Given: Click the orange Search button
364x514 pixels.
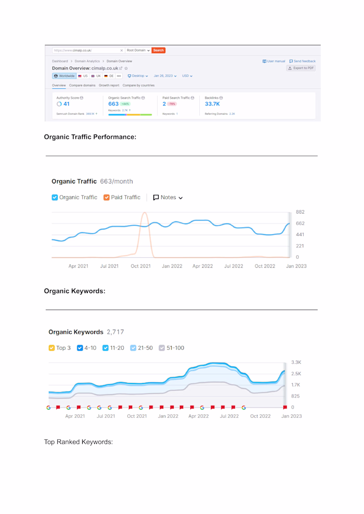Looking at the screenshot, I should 159,50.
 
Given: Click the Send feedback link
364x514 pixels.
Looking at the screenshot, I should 302,61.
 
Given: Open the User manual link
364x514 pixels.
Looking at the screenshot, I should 274,61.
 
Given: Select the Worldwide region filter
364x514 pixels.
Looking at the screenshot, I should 64,76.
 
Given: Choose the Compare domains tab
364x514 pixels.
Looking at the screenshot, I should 82,85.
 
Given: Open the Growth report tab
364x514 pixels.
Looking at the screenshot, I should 109,85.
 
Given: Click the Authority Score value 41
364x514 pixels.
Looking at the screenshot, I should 66,104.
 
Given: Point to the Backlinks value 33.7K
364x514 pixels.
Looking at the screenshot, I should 212,104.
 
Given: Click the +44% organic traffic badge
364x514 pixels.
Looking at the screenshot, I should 125,104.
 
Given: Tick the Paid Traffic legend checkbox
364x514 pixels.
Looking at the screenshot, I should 107,197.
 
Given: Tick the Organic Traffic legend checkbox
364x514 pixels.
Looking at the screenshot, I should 55,197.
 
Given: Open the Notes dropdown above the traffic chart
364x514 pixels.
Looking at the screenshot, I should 168,197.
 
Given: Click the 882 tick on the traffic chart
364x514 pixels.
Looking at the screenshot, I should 300,212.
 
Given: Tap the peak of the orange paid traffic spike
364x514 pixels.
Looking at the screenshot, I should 145,213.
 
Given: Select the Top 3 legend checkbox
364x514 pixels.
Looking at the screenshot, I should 51,348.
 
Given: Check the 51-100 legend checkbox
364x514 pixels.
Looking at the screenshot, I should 161,348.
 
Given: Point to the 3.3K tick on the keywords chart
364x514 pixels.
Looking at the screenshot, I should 296,362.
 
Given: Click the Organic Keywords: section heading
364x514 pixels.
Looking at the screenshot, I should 74,291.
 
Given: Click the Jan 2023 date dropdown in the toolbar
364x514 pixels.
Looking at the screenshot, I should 165,76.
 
